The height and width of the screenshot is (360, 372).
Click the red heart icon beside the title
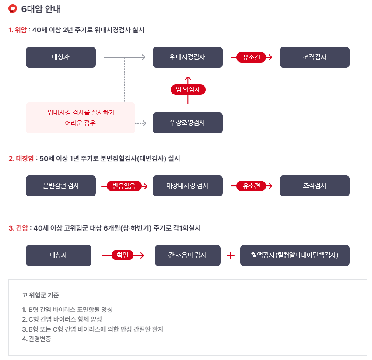(x=13, y=8)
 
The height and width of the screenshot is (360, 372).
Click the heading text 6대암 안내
(x=41, y=8)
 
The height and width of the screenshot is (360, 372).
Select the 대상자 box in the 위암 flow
(x=60, y=57)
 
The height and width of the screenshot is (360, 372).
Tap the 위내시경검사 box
(x=187, y=57)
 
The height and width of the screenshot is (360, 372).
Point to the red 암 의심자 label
(x=188, y=90)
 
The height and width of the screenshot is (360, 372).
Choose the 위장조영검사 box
(x=187, y=123)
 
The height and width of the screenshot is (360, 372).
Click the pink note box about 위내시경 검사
(x=81, y=118)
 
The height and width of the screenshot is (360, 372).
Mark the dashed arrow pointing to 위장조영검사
(x=140, y=123)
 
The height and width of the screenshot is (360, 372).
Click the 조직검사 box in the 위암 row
(x=314, y=57)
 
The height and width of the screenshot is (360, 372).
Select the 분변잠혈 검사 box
(x=60, y=186)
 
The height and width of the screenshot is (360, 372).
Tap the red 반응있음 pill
(x=124, y=186)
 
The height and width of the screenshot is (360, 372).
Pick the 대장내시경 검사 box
(x=187, y=186)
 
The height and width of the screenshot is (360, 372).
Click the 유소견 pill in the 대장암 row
(x=251, y=186)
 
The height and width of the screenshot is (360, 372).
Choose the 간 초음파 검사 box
(x=187, y=255)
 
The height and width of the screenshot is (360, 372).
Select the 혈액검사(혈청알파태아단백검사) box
(x=295, y=255)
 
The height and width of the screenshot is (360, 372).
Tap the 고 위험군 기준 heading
(x=40, y=295)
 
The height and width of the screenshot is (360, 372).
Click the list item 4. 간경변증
(x=36, y=339)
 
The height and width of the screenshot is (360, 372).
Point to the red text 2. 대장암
(x=21, y=159)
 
